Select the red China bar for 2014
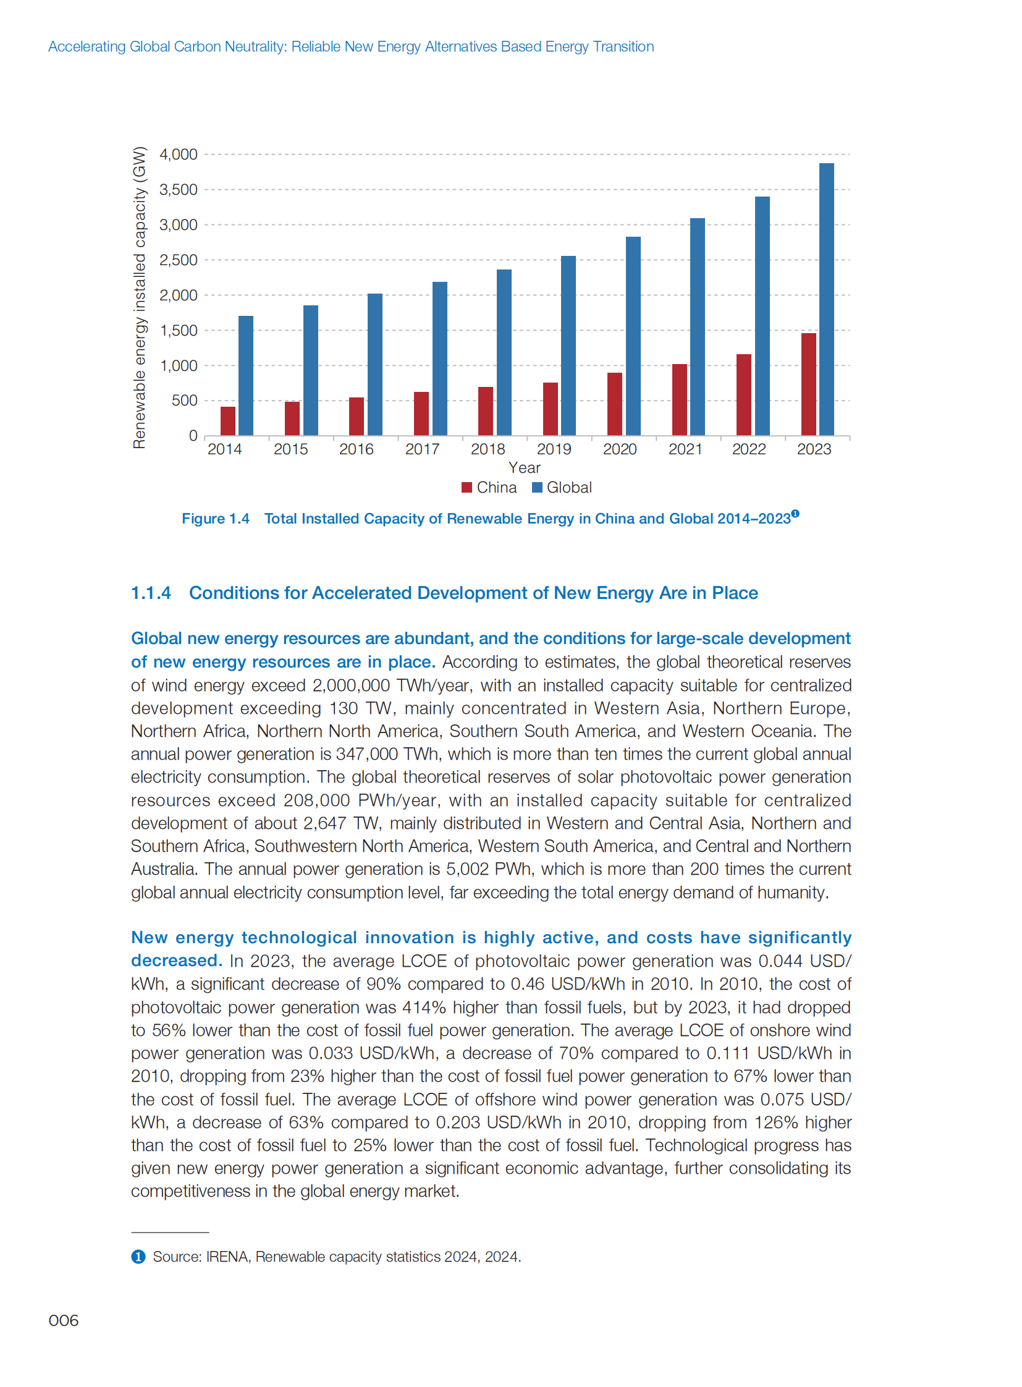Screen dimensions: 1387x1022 tap(227, 421)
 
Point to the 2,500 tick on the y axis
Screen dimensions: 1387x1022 tap(178, 260)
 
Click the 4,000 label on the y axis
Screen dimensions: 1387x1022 tap(178, 154)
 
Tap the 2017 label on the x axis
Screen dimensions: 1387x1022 tap(422, 449)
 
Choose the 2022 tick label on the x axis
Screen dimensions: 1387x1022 tap(748, 449)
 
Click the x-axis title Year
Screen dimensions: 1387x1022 tap(524, 468)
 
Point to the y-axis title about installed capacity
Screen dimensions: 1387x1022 tap(140, 297)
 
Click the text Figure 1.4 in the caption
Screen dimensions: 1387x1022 tap(215, 519)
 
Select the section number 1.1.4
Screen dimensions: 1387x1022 tap(151, 593)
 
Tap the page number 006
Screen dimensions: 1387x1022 tap(64, 1320)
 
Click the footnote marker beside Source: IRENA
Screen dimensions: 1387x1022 tap(138, 1257)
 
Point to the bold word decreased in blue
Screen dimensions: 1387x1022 tap(176, 961)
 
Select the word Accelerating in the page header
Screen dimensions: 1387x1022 tap(87, 46)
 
